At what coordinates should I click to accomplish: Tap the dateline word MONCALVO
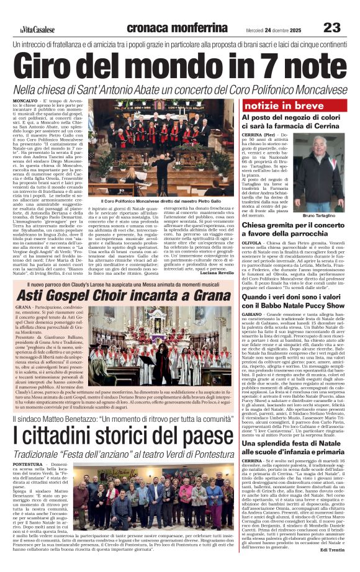[x=25, y=100]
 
